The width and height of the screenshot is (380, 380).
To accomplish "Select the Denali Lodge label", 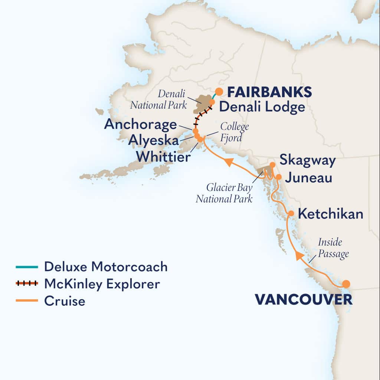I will (262, 107).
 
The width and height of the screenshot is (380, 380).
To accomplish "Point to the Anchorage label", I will (140, 124).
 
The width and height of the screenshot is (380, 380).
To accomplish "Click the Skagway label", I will (307, 161).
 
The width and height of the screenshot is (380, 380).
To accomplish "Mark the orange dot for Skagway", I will (272, 164).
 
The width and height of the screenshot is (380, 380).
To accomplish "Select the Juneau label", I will (308, 178).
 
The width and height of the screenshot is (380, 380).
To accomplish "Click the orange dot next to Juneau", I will (279, 177).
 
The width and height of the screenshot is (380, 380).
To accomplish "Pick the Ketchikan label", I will (331, 214).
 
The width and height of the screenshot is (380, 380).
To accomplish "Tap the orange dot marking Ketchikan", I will (291, 213).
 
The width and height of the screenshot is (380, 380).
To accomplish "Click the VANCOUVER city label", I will (303, 300).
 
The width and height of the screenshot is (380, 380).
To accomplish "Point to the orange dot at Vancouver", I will (346, 284).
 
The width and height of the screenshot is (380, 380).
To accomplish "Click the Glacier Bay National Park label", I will (224, 193).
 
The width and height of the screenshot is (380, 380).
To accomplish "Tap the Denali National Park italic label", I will (159, 99).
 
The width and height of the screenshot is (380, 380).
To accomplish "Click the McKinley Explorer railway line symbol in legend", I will (27, 284).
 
